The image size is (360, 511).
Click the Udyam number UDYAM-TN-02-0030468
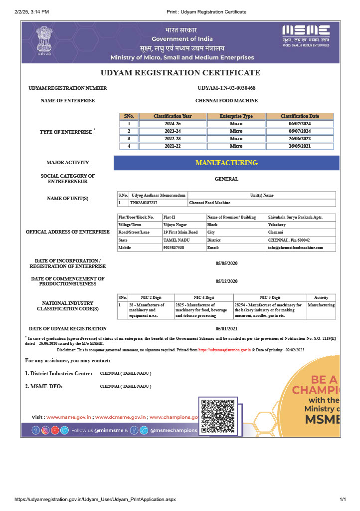tap(226, 88)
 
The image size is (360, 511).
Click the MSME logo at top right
tap(306, 35)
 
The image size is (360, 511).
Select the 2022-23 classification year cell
tap(173, 138)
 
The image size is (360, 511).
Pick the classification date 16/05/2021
tap(300, 146)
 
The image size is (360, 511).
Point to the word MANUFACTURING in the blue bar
tap(226, 163)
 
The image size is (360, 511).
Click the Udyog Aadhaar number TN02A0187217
tap(144, 203)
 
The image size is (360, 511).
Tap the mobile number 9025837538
tap(174, 248)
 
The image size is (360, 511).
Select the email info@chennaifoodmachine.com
tap(295, 248)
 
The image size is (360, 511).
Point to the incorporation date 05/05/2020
tap(226, 263)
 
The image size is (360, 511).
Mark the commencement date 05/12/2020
tap(226, 281)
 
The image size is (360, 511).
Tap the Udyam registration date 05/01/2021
tap(226, 329)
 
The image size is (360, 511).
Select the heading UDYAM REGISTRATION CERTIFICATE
tap(180, 73)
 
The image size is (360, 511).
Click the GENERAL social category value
tap(226, 179)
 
